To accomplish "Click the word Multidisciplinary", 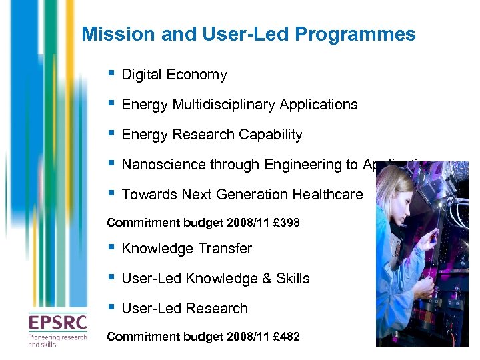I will tap(225, 105).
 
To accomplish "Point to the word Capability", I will tap(270, 135).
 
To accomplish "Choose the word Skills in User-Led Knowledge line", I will tap(293, 279).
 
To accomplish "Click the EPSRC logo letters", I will tap(57, 324).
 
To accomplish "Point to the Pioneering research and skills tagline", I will tap(57, 341).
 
